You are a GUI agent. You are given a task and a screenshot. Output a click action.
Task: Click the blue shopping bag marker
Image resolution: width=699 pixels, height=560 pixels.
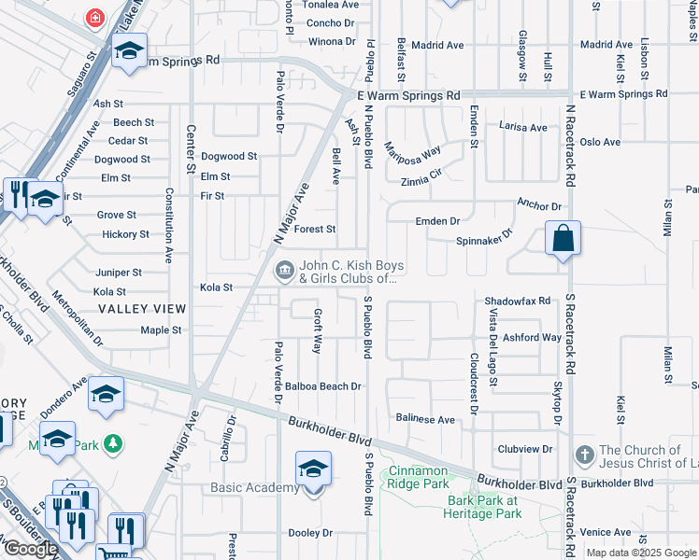tap(563, 239)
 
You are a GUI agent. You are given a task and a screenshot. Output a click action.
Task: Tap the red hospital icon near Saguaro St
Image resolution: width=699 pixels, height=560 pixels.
tap(94, 17)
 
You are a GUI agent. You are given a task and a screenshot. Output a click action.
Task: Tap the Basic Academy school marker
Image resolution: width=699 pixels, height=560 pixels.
tap(313, 470)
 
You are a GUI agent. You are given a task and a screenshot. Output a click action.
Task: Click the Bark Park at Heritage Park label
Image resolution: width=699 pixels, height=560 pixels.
tap(483, 507)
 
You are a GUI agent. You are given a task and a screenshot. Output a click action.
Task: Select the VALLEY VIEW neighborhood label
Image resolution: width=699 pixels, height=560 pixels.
tap(142, 308)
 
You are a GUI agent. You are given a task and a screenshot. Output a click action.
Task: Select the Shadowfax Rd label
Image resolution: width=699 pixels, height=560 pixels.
tap(518, 301)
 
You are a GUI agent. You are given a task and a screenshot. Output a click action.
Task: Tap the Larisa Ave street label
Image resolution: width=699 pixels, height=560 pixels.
tap(522, 127)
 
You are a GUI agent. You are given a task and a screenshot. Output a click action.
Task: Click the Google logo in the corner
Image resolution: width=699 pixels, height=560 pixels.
tap(31, 549)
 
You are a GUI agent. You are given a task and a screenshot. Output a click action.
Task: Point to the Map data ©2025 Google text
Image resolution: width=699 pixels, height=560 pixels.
tap(641, 553)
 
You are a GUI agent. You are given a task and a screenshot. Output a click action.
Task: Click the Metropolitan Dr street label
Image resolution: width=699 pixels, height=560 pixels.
tap(78, 321)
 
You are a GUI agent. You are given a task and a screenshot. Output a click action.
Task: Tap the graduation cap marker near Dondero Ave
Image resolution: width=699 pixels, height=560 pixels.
tap(107, 396)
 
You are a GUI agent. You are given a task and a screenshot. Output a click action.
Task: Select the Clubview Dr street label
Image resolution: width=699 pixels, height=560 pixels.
tap(525, 449)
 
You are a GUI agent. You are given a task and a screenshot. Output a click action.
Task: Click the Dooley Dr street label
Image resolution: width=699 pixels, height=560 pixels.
tap(310, 533)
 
